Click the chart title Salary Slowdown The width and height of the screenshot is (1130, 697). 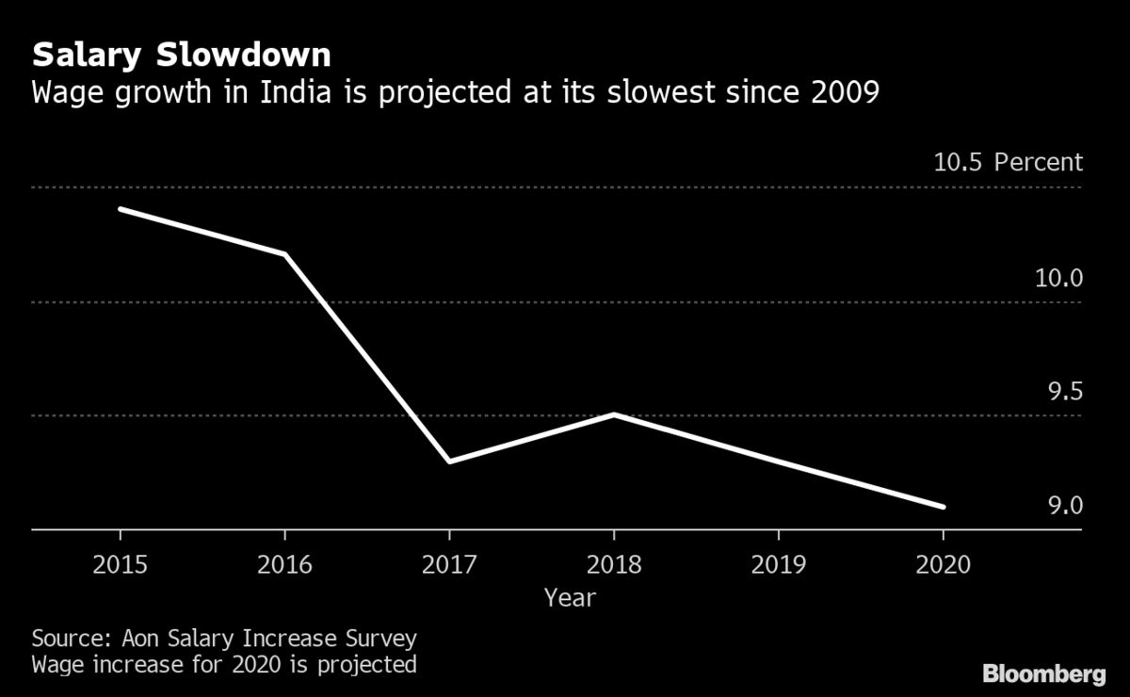coord(182,56)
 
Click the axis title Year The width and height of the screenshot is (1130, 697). coord(570,597)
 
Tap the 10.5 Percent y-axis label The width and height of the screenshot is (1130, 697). coord(1009,162)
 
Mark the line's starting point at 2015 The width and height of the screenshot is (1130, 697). coord(121,209)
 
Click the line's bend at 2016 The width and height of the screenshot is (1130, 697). coord(284,254)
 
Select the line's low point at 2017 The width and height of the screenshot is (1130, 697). coord(449,461)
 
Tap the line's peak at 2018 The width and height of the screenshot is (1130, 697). coord(614,414)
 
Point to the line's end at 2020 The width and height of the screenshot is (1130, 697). coord(943,507)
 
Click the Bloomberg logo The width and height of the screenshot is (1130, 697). coord(1043,673)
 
